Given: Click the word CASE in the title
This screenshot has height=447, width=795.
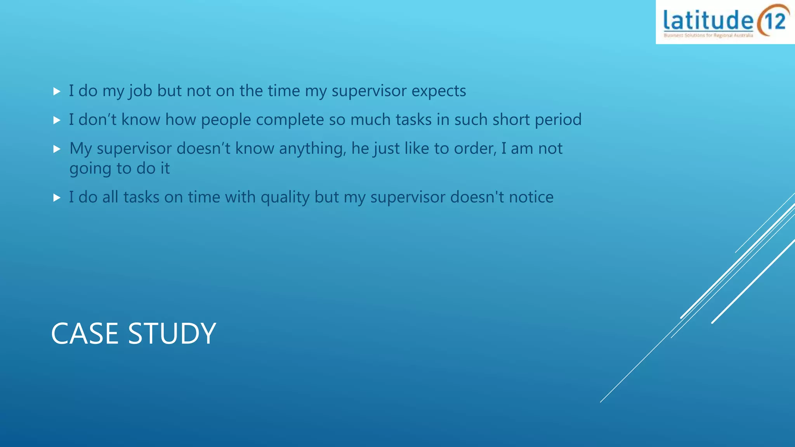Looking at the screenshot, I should coord(85,333).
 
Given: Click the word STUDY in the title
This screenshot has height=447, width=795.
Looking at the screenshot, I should coord(172,333).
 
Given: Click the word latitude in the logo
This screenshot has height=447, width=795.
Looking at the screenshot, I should coord(708,21).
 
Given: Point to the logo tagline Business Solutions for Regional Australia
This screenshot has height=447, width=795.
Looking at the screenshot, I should coord(708,35).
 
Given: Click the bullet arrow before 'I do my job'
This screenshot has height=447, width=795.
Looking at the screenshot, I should coord(57,92).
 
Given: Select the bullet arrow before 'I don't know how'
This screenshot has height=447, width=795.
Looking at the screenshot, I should coord(57,120).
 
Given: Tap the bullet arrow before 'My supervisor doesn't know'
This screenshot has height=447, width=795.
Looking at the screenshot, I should coord(57,149).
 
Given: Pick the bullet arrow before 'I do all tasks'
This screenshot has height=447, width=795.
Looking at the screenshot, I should coord(57,198).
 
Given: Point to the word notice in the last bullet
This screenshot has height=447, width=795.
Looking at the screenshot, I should coord(531,197).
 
